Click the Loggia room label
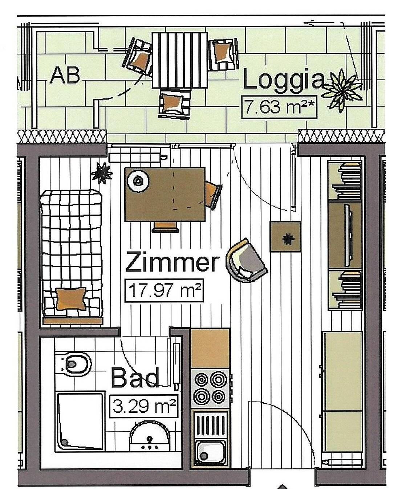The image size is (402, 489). (x=284, y=81)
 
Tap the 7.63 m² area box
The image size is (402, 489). (x=279, y=107)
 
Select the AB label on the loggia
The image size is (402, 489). (x=65, y=76)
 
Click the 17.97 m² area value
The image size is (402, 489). (x=164, y=290)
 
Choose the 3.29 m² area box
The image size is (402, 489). (x=144, y=406)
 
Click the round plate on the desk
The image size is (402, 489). (x=138, y=181)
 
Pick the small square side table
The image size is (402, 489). (x=285, y=237)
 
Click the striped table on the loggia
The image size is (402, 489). (x=179, y=60)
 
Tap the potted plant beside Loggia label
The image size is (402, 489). (x=342, y=90)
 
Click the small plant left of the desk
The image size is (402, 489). (x=102, y=173)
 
